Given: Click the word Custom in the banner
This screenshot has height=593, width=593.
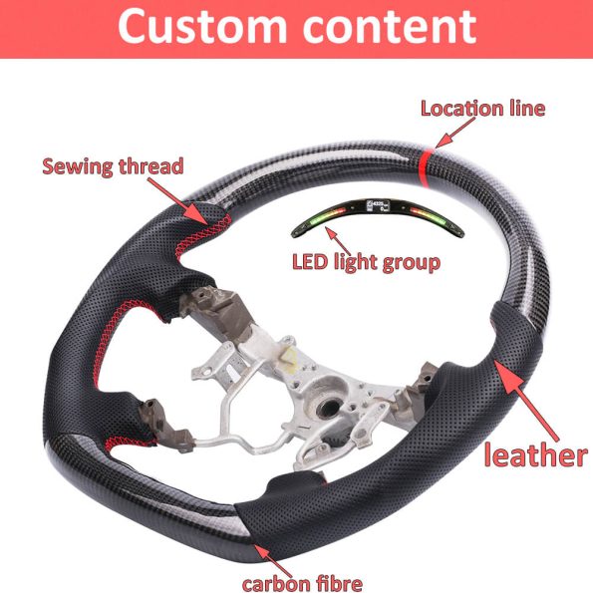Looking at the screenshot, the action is tap(202, 26).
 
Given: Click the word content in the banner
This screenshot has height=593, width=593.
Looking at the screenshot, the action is tap(389, 27).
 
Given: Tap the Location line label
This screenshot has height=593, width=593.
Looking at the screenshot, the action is tap(483, 109).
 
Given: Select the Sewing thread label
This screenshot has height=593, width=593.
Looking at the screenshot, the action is tap(113, 166).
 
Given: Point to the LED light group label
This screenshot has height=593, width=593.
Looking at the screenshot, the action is tap(366, 262).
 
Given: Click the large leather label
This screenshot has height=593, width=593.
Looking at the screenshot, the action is tap(536, 454).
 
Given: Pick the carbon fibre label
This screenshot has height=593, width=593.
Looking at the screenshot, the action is tap(302, 583).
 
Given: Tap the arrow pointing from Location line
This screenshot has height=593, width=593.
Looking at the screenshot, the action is tap(454, 133).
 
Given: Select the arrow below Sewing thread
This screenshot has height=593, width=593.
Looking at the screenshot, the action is tap(177, 201).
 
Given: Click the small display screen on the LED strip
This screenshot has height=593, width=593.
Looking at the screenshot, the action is tap(377, 205).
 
